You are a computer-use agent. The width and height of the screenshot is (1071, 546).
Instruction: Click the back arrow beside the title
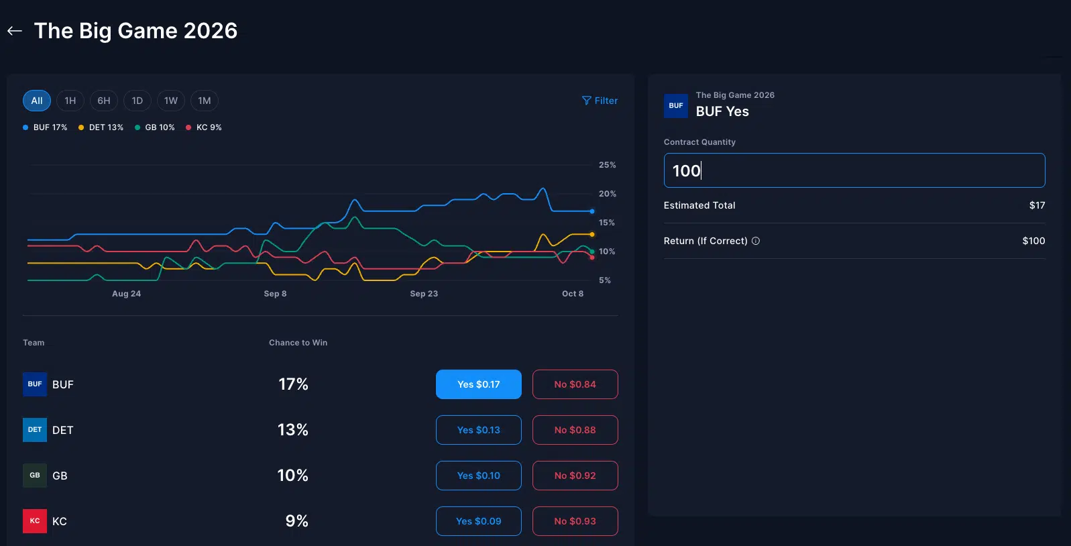[x=15, y=31]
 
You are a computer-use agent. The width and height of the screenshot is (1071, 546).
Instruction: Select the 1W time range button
[x=171, y=101]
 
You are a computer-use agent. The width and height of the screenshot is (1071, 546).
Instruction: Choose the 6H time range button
[x=104, y=101]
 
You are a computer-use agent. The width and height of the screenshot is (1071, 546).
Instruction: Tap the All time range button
[x=37, y=101]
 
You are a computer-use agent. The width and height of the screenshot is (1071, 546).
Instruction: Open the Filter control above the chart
[x=600, y=101]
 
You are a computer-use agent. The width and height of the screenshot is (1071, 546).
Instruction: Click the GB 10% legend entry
[x=155, y=127]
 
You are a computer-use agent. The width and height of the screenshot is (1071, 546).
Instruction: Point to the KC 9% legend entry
[x=204, y=127]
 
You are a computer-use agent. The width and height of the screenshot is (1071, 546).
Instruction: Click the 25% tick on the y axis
[x=607, y=165]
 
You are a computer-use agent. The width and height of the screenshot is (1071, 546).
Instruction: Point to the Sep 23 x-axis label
[x=424, y=294]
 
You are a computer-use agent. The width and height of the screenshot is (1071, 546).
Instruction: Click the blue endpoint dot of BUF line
[x=592, y=211]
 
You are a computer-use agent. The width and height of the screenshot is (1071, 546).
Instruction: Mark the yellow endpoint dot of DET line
[x=592, y=234]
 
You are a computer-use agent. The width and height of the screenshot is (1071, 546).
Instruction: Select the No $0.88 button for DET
[x=575, y=430]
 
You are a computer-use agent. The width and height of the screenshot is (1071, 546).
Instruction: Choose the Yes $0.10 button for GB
[x=478, y=476]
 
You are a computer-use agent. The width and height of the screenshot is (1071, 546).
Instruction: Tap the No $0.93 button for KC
[x=575, y=521]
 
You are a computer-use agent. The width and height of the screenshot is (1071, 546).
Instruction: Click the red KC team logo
[x=35, y=521]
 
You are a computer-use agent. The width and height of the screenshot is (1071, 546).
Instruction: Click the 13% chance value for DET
[x=293, y=430]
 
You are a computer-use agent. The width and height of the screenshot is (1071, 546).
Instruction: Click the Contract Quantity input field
[x=854, y=170]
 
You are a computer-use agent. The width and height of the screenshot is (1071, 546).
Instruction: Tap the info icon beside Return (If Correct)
[x=756, y=241]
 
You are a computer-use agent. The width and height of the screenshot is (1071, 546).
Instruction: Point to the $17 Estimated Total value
[x=1037, y=205]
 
